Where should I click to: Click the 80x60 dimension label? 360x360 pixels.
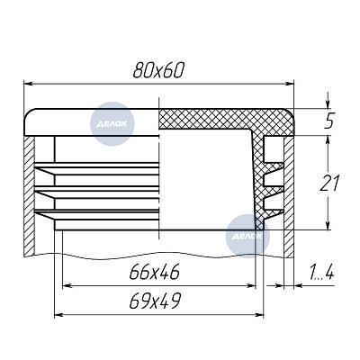pos(157,71)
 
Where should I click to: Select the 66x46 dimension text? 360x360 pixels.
pos(155,272)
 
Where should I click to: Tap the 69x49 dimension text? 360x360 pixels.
pos(155,301)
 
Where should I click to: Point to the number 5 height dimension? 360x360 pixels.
pos(329,121)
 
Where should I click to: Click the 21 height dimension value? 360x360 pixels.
pos(329,184)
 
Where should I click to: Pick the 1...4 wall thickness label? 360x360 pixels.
pos(321,273)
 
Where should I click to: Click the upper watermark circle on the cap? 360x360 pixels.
pos(112,123)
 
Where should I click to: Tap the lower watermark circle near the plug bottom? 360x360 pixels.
pos(247,236)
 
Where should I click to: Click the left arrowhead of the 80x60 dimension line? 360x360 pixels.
pos(28,85)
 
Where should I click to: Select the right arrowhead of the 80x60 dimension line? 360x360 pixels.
pos(289,85)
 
